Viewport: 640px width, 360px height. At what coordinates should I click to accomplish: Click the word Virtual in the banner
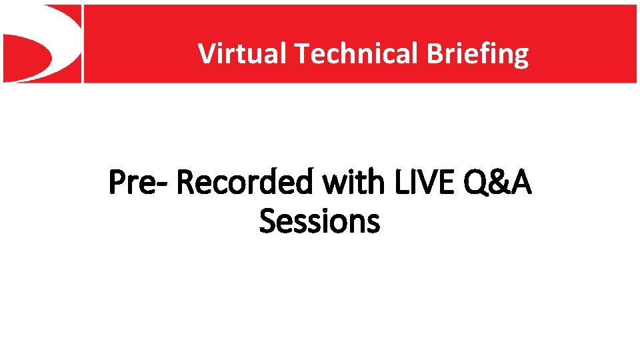click(x=242, y=53)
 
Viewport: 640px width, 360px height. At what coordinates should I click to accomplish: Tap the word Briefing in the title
click(x=478, y=53)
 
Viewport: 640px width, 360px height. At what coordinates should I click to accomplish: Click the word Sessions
click(x=319, y=221)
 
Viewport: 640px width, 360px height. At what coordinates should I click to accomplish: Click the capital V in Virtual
click(x=206, y=53)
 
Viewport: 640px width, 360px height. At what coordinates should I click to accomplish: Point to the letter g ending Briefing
click(x=520, y=56)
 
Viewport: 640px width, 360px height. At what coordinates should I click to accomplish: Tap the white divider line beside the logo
click(x=82, y=43)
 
